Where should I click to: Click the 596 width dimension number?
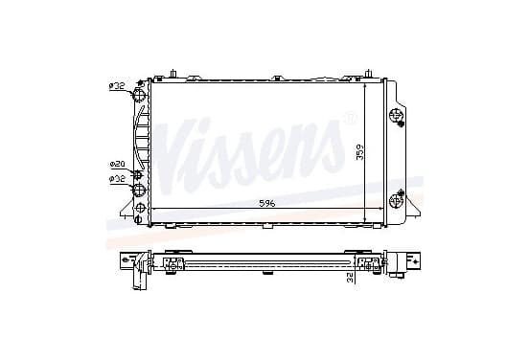(x=267, y=203)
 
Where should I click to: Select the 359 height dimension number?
(x=360, y=152)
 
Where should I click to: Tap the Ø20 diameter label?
(x=118, y=164)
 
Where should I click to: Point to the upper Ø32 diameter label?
(x=117, y=86)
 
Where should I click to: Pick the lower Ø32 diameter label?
(x=117, y=179)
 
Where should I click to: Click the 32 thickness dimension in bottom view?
(x=350, y=278)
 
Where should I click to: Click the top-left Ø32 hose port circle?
(x=139, y=94)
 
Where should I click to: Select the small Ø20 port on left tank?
(x=138, y=175)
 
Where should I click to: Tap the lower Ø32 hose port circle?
(x=139, y=190)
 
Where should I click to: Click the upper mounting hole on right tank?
(x=395, y=115)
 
